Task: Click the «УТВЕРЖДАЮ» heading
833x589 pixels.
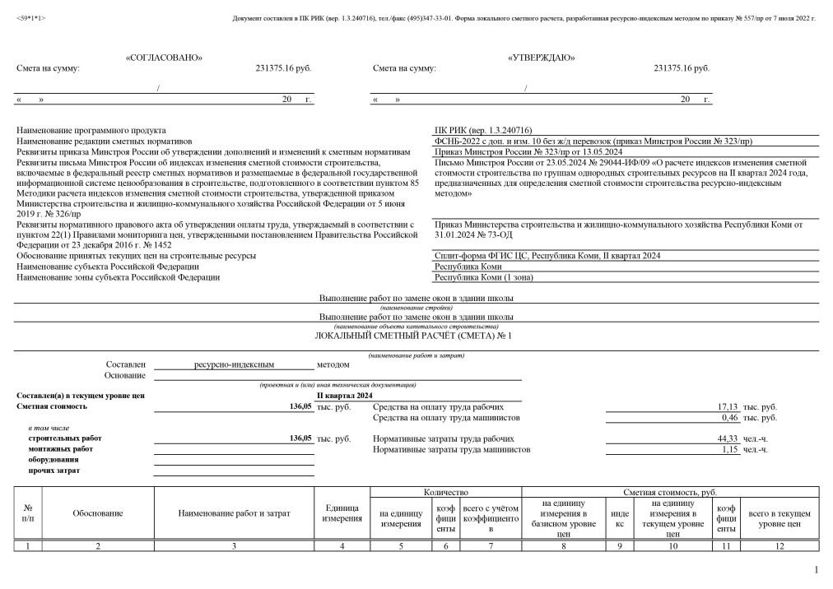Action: (542, 57)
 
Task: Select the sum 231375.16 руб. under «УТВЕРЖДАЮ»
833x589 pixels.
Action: (681, 68)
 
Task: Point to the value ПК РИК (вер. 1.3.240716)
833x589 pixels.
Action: (483, 130)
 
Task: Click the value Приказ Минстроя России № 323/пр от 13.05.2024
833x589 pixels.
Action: (528, 151)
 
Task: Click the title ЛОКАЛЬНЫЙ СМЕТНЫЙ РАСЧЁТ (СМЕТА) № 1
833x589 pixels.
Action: (413, 336)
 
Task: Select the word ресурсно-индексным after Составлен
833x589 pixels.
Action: (233, 364)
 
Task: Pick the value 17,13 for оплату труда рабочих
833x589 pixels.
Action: (728, 407)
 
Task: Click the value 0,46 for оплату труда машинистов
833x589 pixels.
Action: (730, 418)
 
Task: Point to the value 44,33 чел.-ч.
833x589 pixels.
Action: (728, 439)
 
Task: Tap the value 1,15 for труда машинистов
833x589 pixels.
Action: (730, 450)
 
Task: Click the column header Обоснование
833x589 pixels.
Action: (98, 513)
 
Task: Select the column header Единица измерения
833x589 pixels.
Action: (342, 513)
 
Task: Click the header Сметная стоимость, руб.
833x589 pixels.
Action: (670, 491)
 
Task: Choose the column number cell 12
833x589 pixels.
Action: (779, 545)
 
